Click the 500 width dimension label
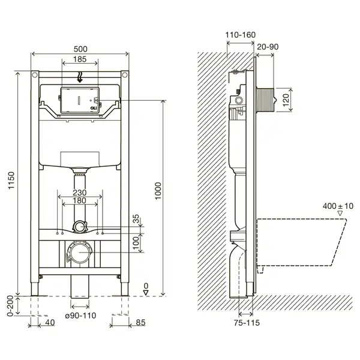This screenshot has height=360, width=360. (x=80, y=49)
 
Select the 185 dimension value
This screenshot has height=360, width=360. (x=80, y=59)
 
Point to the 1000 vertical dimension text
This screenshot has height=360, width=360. (x=158, y=191)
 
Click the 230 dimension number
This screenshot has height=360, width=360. (x=80, y=193)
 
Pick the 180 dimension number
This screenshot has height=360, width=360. (x=79, y=200)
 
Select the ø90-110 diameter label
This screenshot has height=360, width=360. (x=80, y=316)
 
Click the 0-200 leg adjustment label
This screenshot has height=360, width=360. (x=10, y=306)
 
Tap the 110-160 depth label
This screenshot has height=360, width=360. (x=240, y=35)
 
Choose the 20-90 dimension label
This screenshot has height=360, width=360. (x=268, y=47)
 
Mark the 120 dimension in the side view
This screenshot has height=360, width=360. (x=286, y=100)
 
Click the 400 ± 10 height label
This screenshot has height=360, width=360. (x=338, y=206)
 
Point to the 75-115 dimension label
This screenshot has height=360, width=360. (x=247, y=323)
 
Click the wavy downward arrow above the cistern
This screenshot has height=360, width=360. (x=80, y=77)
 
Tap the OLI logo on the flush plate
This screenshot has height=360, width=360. (x=94, y=108)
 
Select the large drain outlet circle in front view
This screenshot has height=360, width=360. (x=79, y=252)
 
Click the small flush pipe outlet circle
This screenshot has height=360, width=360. (x=80, y=227)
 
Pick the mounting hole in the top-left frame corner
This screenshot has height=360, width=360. (x=35, y=74)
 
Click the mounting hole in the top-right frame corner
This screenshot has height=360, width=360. (x=125, y=74)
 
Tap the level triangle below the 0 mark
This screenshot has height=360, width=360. (x=146, y=293)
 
